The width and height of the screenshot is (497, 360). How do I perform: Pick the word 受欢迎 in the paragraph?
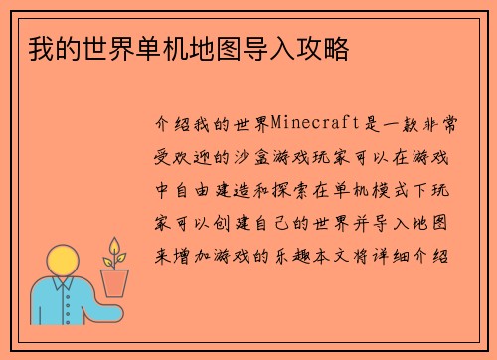coord(178,157)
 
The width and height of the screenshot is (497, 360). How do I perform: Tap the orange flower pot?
coord(115,283)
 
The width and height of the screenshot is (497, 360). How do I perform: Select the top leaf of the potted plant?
coord(114,244)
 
